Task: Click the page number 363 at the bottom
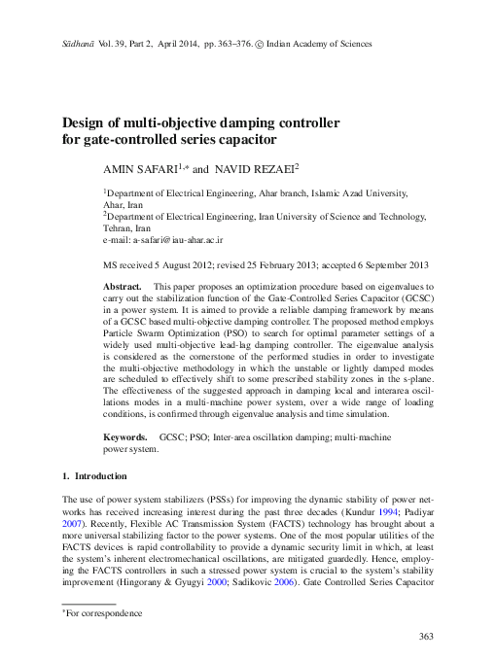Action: pos(424,637)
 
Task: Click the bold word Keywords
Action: pos(125,438)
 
